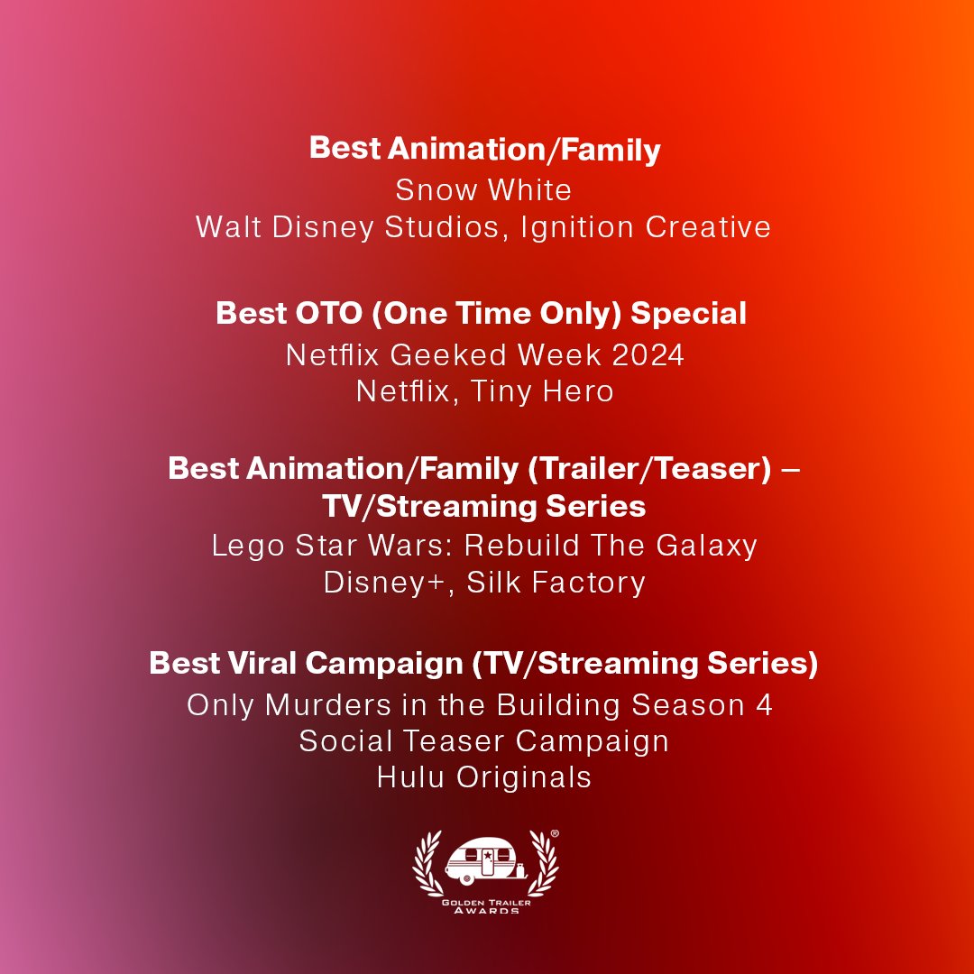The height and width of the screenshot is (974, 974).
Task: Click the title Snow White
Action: point(483,190)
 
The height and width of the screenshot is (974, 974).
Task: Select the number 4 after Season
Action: point(764,704)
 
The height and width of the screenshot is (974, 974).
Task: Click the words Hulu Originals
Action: point(484,777)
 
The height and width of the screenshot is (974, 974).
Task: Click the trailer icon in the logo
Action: point(484,862)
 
